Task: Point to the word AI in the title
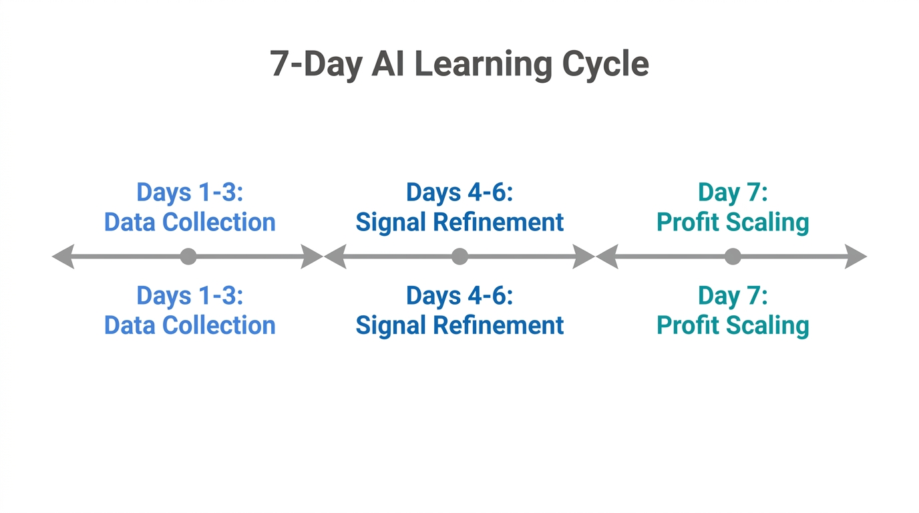(388, 65)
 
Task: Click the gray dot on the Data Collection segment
(188, 256)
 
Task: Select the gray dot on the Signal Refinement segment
(459, 256)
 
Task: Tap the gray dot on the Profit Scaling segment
(733, 256)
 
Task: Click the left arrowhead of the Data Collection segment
(63, 256)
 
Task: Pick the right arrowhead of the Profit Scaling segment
(856, 256)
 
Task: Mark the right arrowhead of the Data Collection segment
(312, 256)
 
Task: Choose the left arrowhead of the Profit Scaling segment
(607, 256)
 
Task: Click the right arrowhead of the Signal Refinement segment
(584, 256)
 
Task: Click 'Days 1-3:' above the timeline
(190, 192)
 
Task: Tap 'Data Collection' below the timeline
(190, 325)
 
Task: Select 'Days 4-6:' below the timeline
(459, 296)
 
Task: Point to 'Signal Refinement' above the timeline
(459, 222)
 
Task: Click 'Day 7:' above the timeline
(733, 192)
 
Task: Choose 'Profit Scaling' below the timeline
(733, 325)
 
